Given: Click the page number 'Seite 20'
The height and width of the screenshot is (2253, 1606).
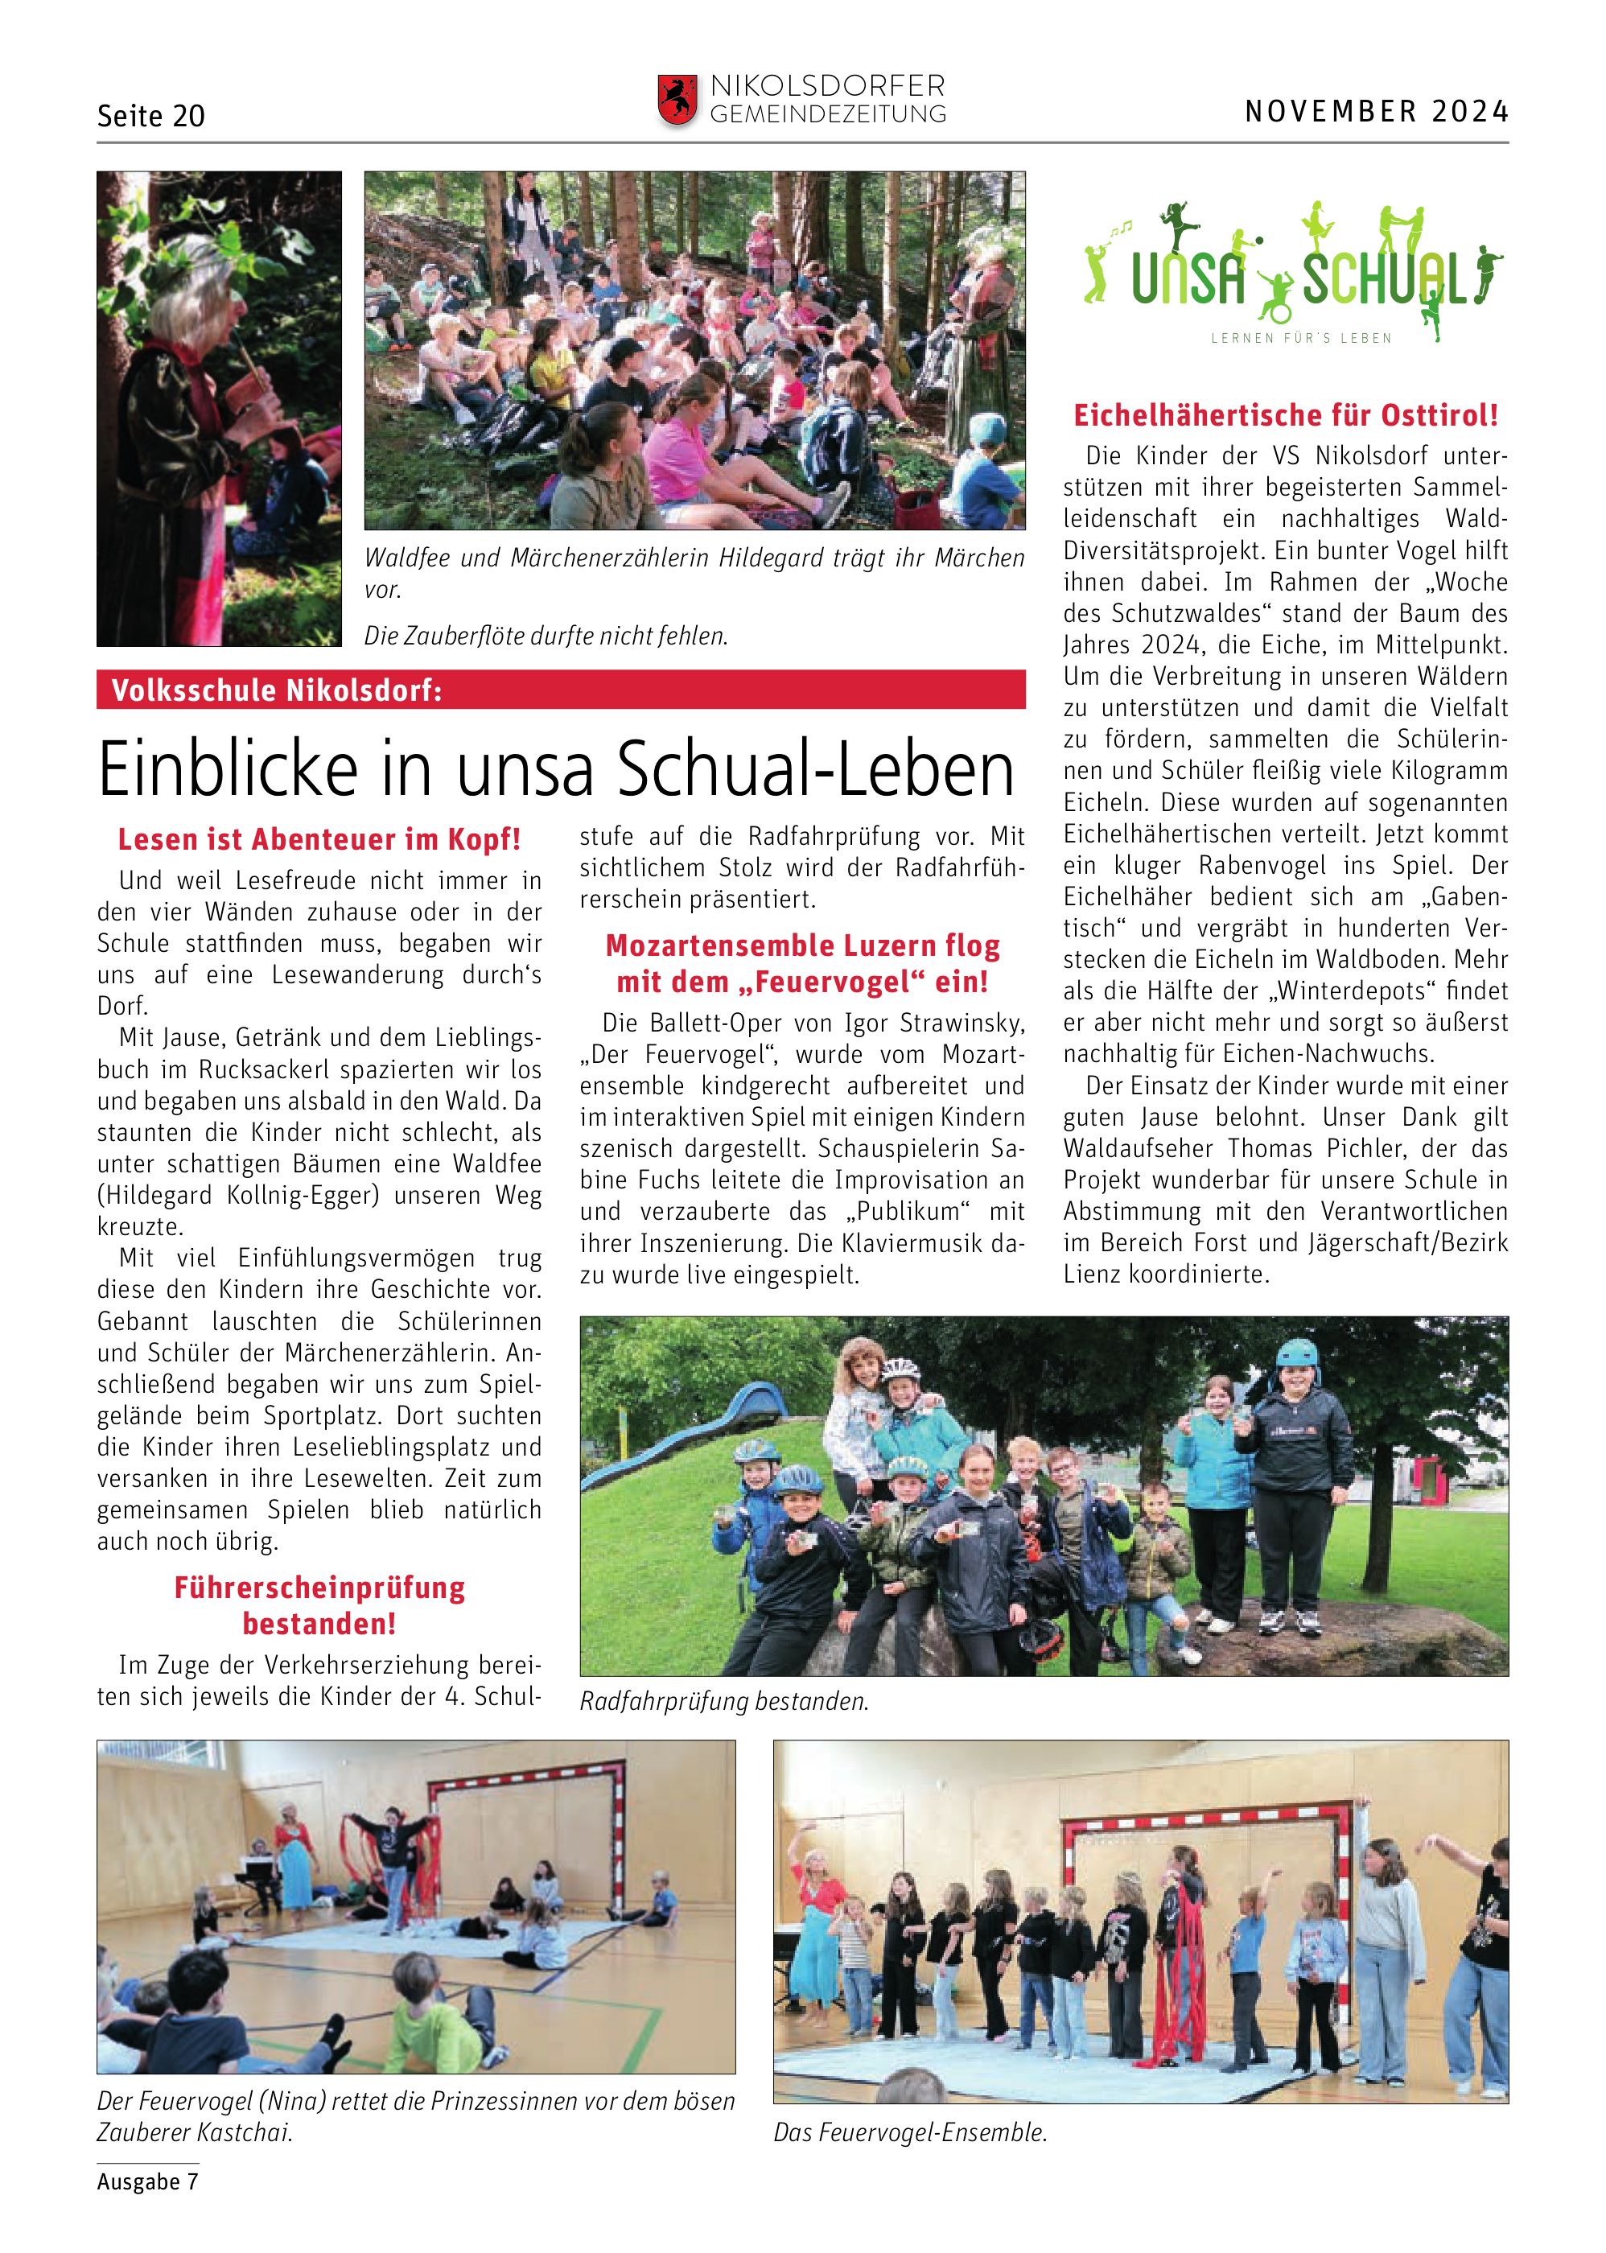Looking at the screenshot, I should pos(150,116).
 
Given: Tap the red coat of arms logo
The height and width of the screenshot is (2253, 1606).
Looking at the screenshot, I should pos(677,100).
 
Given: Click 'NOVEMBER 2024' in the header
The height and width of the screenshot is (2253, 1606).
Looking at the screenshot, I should pos(1376,111).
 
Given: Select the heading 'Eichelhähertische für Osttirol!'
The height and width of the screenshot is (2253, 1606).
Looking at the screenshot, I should pos(1286,415).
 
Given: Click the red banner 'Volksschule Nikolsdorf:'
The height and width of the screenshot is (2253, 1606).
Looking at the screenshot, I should pos(560,690).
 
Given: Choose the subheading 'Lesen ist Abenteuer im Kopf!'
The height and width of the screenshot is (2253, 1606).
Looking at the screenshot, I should pos(319,840).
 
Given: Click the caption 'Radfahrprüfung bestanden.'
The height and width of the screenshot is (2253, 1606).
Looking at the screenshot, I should pos(724,1701).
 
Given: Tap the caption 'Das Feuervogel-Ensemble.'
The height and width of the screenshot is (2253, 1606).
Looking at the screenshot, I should pos(910,2132).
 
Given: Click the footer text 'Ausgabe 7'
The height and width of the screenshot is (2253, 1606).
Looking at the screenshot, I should pos(147,2182).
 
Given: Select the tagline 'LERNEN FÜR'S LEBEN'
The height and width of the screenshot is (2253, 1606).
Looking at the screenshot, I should pos(1300,338).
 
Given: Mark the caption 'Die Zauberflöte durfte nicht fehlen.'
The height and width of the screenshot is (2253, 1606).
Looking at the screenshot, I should pos(546,636).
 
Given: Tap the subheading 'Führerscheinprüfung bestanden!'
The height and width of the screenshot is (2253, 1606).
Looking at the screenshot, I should pos(319,1605).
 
